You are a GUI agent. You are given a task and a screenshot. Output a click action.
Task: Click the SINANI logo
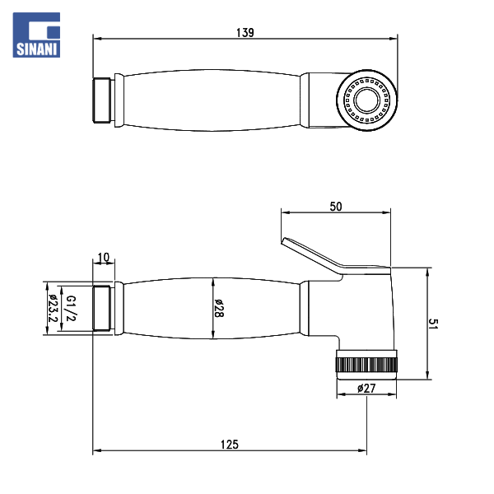tap(36, 35)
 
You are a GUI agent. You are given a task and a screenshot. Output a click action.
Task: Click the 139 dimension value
tap(245, 32)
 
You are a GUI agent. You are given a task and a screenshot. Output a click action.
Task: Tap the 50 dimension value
tap(336, 207)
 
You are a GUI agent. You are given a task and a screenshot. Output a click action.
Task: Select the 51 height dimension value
tap(434, 324)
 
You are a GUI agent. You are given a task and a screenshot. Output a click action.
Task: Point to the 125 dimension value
tap(230, 445)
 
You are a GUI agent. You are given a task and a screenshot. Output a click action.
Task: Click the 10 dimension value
tap(104, 258)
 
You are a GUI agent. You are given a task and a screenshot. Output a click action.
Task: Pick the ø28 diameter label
tap(219, 308)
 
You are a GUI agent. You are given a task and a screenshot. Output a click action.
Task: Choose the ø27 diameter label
tap(366, 388)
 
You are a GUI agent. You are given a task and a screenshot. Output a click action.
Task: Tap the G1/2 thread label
tap(71, 308)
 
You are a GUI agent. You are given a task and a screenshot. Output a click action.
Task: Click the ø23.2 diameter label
tap(53, 308)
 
